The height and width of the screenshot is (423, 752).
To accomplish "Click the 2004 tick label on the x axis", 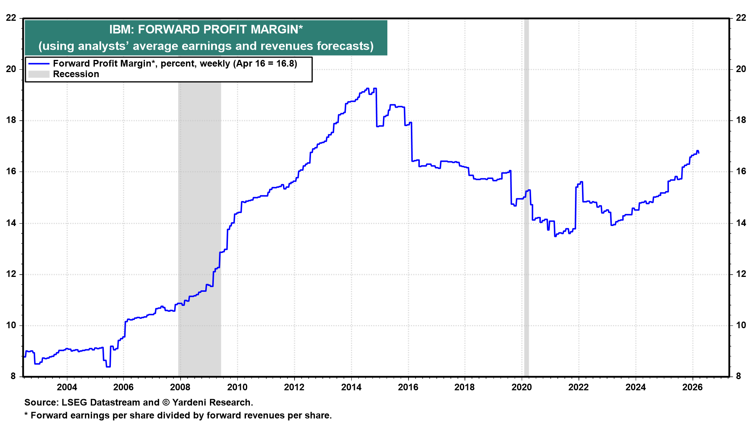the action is [67, 387].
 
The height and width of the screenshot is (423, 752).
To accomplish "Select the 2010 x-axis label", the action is [237, 387].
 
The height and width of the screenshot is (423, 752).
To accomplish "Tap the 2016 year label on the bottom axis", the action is [408, 387].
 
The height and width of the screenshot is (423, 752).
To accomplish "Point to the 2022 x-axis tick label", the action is [578, 387].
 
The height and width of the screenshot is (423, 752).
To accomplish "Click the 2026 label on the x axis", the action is [692, 387].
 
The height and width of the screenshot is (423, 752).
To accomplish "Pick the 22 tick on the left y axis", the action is [11, 18].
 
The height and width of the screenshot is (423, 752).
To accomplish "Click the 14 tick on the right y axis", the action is [741, 223].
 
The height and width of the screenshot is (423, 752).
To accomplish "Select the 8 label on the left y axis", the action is [13, 376].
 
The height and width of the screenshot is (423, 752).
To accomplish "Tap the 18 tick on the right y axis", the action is [741, 120].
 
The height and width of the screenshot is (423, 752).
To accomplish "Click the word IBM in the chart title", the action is [120, 29].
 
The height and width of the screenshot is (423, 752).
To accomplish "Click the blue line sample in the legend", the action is [39, 64].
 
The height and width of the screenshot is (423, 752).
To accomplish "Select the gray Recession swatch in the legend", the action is [39, 74].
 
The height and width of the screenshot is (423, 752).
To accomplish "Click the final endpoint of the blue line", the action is [698, 153].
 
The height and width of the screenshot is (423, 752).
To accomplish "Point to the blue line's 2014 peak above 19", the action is [367, 89].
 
